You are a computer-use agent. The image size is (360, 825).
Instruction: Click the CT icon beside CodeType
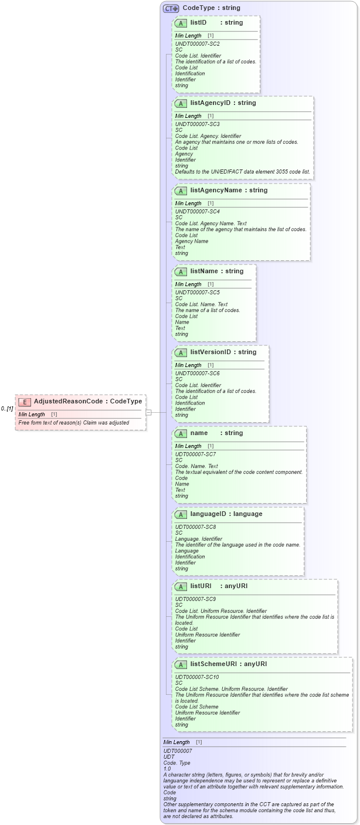(171, 8)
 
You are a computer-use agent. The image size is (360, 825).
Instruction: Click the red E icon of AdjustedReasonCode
(25, 402)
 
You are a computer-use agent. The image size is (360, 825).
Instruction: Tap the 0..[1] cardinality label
(7, 409)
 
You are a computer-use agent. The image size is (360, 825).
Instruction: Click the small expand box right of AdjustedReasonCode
(149, 412)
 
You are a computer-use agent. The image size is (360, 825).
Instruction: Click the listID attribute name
(198, 23)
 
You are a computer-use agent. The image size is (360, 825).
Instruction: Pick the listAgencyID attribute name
(215, 103)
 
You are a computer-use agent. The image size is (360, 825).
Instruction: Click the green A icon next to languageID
(181, 514)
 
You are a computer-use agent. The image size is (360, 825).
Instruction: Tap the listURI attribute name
(201, 586)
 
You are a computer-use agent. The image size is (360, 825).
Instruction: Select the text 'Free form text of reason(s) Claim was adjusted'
(74, 423)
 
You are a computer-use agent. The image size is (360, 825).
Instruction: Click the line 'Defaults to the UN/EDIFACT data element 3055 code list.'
(243, 172)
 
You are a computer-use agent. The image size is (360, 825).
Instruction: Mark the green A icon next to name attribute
(181, 433)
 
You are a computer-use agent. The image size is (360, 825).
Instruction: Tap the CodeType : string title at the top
(211, 8)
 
